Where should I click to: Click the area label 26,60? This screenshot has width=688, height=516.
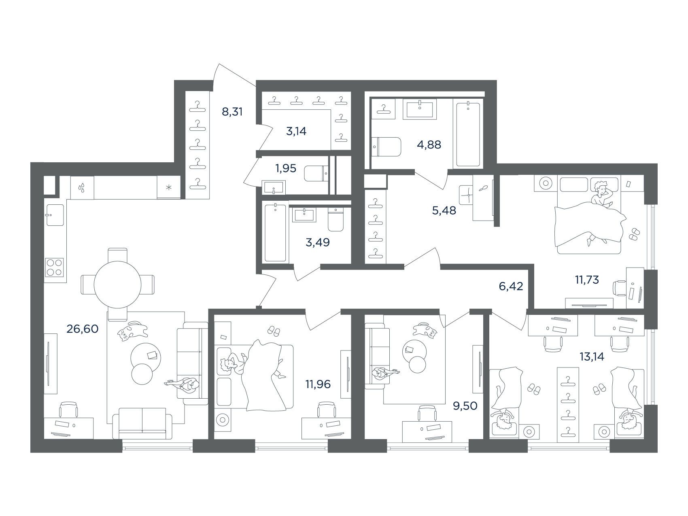click(82, 329)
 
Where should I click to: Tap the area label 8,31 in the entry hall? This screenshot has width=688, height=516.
click(232, 111)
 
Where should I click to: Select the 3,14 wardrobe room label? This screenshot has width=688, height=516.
click(296, 131)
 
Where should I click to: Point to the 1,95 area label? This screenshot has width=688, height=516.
click(286, 168)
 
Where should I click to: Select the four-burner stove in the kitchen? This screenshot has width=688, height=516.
click(55, 267)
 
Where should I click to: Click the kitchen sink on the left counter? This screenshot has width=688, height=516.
click(55, 215)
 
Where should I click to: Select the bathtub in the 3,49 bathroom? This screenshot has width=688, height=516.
click(275, 233)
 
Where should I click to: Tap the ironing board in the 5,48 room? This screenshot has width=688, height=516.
click(483, 199)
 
